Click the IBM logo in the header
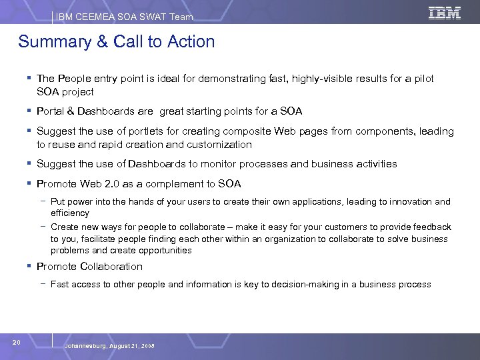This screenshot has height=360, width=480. (445, 13)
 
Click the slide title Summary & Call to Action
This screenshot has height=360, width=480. (117, 42)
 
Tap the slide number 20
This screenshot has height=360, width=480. (17, 342)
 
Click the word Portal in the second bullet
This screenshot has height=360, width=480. (50, 111)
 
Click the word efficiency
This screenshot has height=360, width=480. (69, 213)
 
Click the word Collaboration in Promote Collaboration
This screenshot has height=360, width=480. (111, 267)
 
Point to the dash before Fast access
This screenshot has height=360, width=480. (43, 285)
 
